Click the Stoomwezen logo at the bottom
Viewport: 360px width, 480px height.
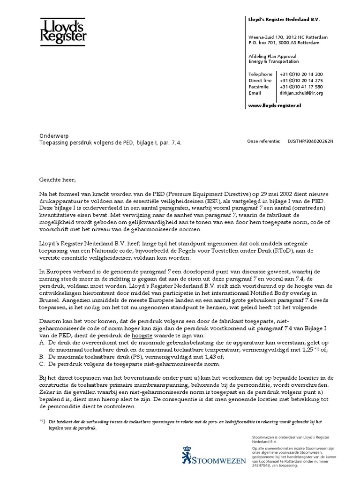pos(213,455)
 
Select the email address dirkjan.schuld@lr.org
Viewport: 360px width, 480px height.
pos(301,93)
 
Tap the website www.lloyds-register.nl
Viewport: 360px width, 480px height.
pos(274,106)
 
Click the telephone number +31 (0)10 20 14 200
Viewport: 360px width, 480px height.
pos(301,75)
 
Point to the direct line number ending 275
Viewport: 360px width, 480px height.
pos(301,81)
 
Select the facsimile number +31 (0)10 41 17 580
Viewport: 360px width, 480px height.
pos(301,87)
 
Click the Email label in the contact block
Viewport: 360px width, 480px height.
pos(255,93)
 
